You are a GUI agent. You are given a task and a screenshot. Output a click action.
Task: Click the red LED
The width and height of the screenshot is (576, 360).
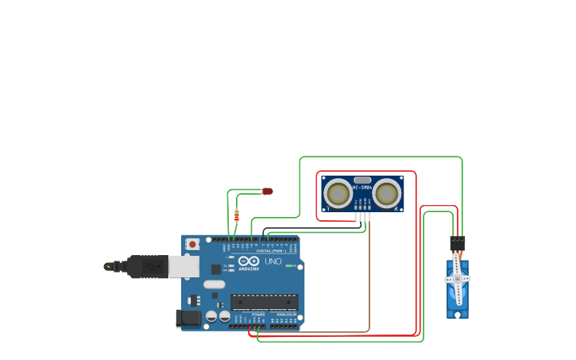pyautogui.click(x=268, y=191)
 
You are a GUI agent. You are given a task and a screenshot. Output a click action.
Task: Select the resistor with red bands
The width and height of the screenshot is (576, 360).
pyautogui.click(x=237, y=215)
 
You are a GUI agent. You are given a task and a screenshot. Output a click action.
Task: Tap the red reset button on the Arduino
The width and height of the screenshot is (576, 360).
pyautogui.click(x=192, y=245)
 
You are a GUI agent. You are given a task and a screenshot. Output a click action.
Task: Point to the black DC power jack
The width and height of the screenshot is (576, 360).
pyautogui.click(x=189, y=318)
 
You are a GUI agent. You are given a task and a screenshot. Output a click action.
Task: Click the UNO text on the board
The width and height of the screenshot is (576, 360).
pyautogui.click(x=273, y=261)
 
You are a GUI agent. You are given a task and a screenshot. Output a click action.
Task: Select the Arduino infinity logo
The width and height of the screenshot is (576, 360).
pyautogui.click(x=248, y=261)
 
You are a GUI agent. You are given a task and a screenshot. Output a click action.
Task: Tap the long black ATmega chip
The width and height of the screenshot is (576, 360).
pyautogui.click(x=265, y=302)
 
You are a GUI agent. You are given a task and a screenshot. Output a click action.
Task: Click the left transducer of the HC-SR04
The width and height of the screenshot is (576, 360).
pyautogui.click(x=339, y=193)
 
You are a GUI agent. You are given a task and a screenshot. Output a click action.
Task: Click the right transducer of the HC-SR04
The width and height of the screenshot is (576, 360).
pyautogui.click(x=386, y=193)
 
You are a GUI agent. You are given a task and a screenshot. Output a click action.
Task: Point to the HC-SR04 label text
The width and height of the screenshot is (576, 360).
pyautogui.click(x=362, y=188)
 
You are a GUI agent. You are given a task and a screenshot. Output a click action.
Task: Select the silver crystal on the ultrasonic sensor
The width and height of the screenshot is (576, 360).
pyautogui.click(x=362, y=180)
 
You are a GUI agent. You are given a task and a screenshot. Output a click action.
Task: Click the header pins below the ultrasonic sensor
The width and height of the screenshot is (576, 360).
pyautogui.click(x=362, y=217)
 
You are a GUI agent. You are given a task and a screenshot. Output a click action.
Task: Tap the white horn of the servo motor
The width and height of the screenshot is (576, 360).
pyautogui.click(x=457, y=278)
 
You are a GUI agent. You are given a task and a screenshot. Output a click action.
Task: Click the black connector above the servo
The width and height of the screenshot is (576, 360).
pyautogui.click(x=457, y=243)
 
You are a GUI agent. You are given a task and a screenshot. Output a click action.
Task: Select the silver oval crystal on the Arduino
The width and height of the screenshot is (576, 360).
pyautogui.click(x=215, y=284)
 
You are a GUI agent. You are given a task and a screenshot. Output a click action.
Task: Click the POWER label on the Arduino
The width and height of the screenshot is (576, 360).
pyautogui.click(x=258, y=315)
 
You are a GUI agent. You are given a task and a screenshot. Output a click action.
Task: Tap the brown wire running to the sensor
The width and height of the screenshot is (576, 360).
pyautogui.click(x=369, y=278)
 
